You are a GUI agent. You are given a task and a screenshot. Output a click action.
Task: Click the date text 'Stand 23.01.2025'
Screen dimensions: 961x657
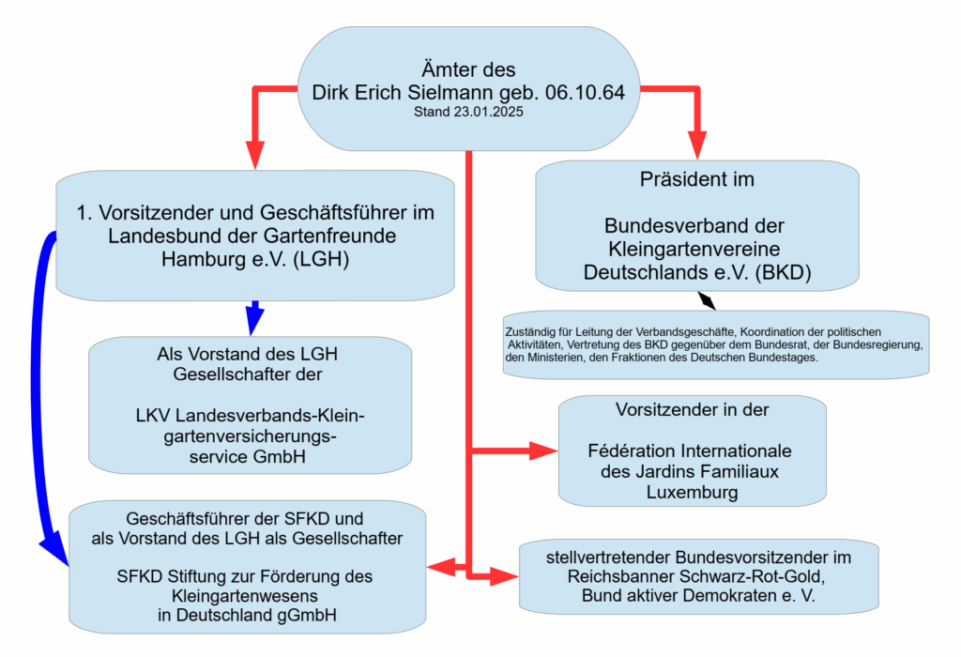click(468, 112)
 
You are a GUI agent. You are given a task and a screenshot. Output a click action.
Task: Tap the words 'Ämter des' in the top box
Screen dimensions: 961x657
click(468, 69)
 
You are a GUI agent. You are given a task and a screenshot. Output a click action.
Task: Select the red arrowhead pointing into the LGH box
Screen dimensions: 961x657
click(255, 155)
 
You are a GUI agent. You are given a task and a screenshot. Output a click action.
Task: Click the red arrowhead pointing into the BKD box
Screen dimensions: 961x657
click(697, 145)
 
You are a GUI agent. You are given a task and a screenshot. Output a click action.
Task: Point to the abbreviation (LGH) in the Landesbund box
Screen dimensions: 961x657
click(321, 259)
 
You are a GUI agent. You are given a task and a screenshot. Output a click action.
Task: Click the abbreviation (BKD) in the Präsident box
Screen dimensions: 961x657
click(783, 272)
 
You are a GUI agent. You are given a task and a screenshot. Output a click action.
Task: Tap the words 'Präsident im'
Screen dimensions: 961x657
click(697, 179)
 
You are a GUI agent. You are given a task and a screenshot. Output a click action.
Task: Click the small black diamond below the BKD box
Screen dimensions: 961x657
click(707, 300)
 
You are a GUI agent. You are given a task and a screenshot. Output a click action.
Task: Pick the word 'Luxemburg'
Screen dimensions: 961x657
click(692, 492)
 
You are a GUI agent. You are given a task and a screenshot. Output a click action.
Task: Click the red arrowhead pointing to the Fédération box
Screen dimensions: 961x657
click(543, 451)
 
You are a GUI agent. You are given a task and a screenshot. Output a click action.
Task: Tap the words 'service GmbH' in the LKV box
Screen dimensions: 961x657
click(247, 456)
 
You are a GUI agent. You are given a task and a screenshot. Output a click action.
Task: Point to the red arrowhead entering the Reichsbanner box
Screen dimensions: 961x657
click(504, 576)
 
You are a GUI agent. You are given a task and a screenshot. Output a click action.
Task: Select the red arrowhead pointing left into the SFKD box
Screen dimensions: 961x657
click(441, 567)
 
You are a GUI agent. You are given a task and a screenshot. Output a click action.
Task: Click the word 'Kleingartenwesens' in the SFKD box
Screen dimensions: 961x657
click(245, 596)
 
